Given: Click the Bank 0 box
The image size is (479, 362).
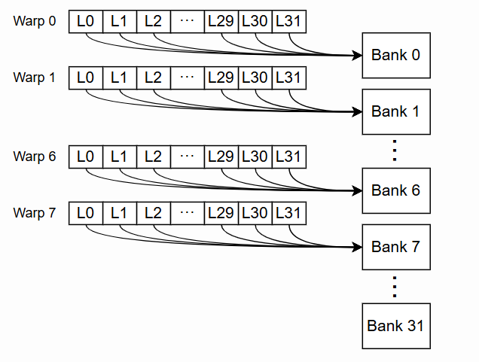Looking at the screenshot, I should point(395,55).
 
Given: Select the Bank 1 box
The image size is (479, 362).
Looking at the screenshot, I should point(395,111).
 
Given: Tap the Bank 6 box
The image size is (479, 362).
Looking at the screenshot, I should point(395,190).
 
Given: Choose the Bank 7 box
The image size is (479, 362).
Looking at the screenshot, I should point(395,247).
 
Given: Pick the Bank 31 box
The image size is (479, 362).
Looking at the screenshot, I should point(395,326).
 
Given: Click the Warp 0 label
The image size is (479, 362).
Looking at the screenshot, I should point(35,21).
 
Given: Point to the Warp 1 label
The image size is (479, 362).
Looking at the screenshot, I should point(35,78).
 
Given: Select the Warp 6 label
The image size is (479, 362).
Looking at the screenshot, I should point(35,157).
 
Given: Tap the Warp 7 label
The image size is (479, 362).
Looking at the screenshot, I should point(35,213).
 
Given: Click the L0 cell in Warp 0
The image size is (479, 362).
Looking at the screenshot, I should point(86,21).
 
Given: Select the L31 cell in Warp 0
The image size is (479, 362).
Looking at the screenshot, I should point(288,21).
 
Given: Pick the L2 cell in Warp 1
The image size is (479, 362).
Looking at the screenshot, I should point(153,78).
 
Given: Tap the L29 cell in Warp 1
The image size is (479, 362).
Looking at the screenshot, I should point(221,78).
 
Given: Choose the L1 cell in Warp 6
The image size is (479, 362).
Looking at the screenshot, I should point(119,157).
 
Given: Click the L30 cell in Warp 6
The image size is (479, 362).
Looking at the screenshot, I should point(255,157).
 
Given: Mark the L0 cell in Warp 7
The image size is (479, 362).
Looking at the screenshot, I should point(86,213).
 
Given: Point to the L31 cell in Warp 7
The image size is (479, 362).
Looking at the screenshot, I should point(288,213).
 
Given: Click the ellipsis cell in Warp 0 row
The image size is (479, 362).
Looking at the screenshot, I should point(187,21).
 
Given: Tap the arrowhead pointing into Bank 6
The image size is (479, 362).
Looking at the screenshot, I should point(356,190).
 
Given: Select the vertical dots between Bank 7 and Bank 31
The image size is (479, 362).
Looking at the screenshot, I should point(395,286).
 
